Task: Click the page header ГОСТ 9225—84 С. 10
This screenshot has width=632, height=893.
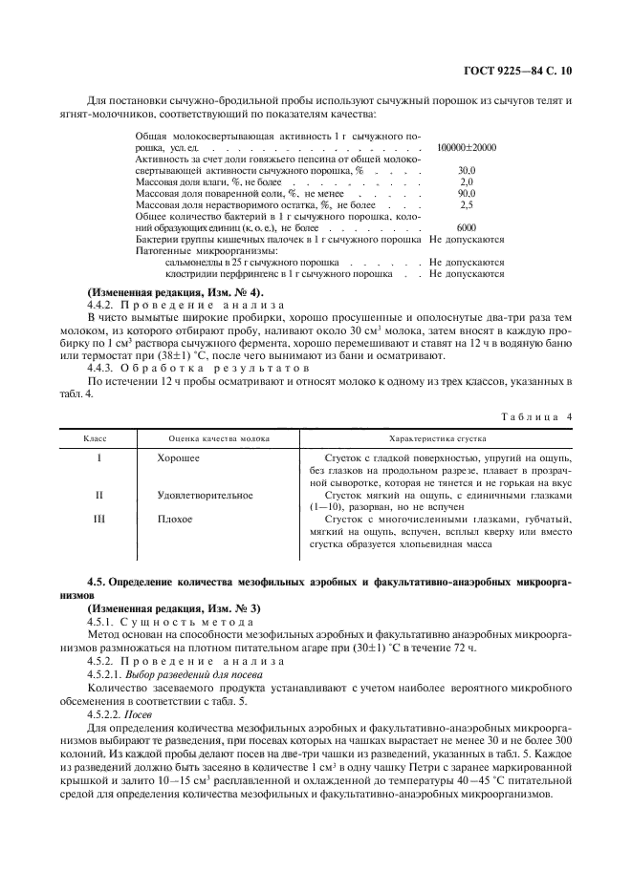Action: tap(524, 71)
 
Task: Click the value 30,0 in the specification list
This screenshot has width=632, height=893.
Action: tap(467, 169)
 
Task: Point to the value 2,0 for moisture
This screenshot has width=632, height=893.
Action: tap(467, 181)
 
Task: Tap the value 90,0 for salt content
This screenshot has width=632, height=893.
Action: tap(467, 192)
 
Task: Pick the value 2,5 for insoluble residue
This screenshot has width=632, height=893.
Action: tap(467, 203)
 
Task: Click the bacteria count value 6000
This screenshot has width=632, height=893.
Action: tap(467, 227)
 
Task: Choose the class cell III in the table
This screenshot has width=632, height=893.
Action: tap(99, 520)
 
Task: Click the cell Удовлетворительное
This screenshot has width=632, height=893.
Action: tap(205, 496)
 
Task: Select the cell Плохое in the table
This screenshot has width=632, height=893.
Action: tap(175, 520)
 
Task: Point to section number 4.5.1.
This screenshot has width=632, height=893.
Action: tap(102, 620)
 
